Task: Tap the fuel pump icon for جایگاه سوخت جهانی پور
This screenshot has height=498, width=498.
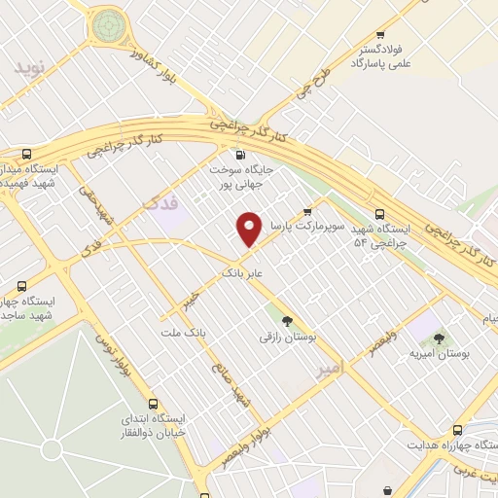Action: click(240, 154)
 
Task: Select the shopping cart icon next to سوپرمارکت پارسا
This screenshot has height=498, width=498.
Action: click(308, 210)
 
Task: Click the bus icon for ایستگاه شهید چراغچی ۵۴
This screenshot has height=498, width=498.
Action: click(379, 215)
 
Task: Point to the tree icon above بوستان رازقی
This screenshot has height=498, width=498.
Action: click(286, 321)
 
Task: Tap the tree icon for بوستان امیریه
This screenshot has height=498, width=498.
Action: click(439, 339)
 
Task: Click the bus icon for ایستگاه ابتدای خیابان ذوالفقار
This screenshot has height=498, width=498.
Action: click(152, 404)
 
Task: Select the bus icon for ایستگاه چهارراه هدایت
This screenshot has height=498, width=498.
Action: click(457, 429)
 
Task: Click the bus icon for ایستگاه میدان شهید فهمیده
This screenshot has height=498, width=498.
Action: click(26, 154)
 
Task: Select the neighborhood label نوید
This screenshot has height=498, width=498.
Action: click(30, 69)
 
